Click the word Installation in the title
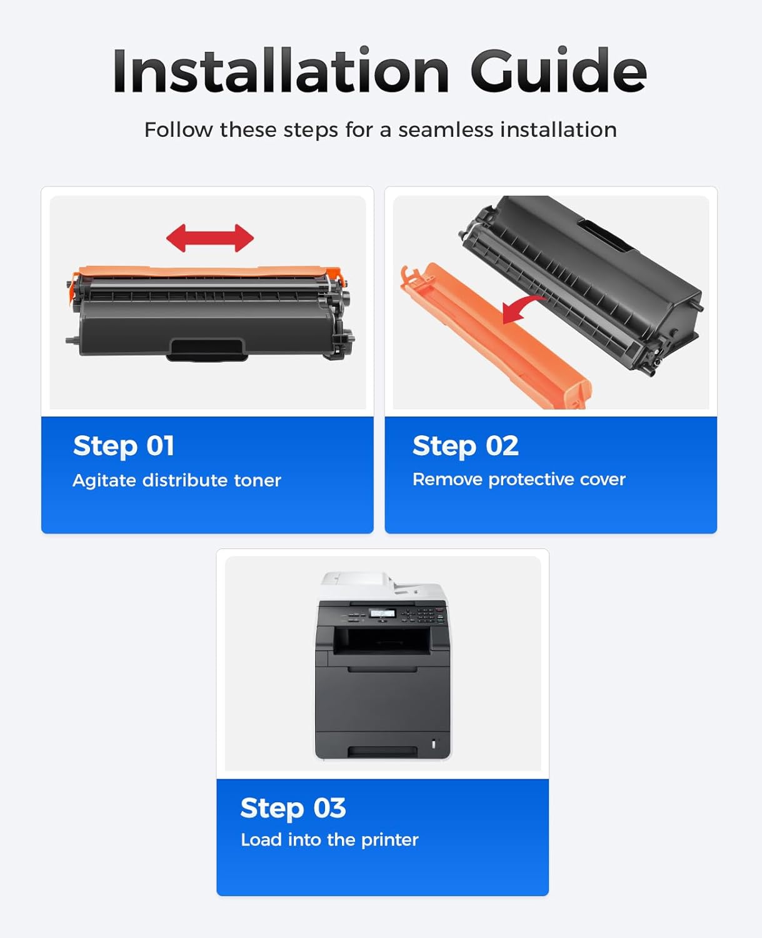click(x=281, y=71)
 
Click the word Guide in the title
click(x=558, y=71)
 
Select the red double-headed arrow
click(x=210, y=238)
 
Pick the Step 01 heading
click(x=124, y=446)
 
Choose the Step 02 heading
click(x=465, y=446)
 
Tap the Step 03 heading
click(x=293, y=808)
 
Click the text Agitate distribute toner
click(x=177, y=480)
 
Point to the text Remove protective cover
click(x=519, y=479)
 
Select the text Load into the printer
click(x=329, y=839)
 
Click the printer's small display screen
click(x=382, y=613)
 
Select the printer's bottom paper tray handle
click(x=382, y=750)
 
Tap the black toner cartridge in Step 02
click(x=588, y=275)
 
